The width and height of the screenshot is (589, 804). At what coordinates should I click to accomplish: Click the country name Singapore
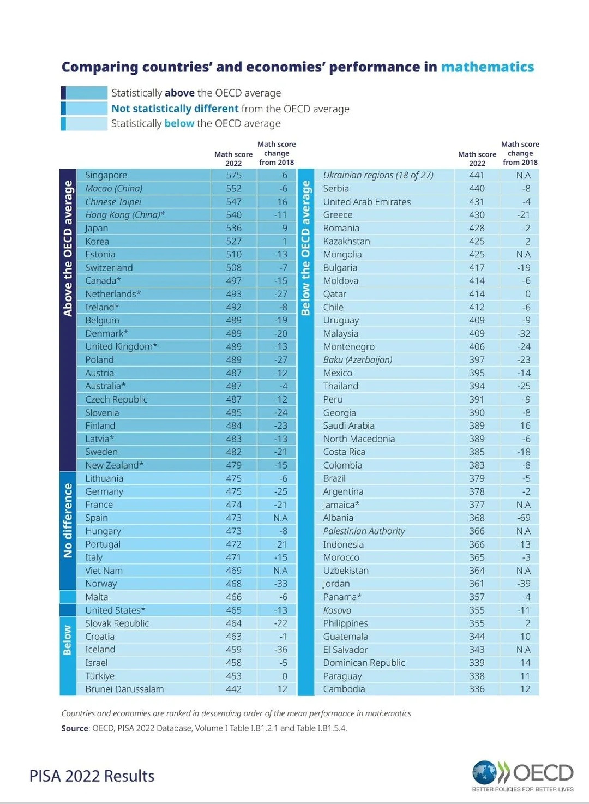pyautogui.click(x=106, y=175)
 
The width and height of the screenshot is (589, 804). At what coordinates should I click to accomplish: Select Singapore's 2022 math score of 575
pyautogui.click(x=233, y=175)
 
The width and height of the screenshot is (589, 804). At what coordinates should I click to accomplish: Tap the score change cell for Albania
pyautogui.click(x=523, y=518)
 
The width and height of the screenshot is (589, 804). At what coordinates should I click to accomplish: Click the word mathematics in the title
pyautogui.click(x=487, y=67)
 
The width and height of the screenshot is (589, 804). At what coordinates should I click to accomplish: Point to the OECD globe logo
pyautogui.click(x=484, y=772)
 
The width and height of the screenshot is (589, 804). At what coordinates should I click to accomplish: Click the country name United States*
pyautogui.click(x=115, y=610)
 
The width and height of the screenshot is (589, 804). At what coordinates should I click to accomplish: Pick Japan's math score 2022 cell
pyautogui.click(x=233, y=228)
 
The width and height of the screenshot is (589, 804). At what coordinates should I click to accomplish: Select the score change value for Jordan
pyautogui.click(x=523, y=584)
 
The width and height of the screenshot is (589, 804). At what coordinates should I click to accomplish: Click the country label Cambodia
pyautogui.click(x=344, y=689)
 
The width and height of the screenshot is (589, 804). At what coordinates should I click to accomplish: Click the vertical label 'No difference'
pyautogui.click(x=68, y=520)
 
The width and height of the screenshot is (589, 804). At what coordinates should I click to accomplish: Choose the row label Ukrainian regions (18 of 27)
pyautogui.click(x=378, y=175)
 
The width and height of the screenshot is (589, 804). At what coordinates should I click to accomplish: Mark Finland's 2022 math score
pyautogui.click(x=233, y=425)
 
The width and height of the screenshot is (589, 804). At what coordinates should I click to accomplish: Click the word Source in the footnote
pyautogui.click(x=74, y=728)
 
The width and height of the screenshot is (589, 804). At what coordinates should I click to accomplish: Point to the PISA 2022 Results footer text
pyautogui.click(x=92, y=776)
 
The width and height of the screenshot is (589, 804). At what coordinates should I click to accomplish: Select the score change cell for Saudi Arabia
pyautogui.click(x=525, y=425)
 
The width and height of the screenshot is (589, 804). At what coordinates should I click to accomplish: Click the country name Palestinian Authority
pyautogui.click(x=364, y=531)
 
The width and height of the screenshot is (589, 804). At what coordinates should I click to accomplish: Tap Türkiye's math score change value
pyautogui.click(x=284, y=676)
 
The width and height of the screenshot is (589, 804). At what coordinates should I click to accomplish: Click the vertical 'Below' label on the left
pyautogui.click(x=68, y=640)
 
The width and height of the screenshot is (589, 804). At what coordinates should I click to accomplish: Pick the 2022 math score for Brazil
pyautogui.click(x=477, y=478)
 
